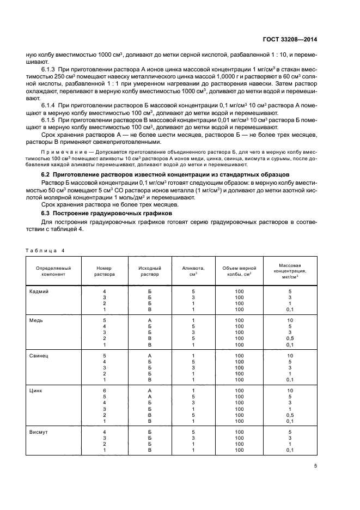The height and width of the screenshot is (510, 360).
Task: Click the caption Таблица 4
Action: (45, 250)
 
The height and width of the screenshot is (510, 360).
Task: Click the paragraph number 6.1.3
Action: (49, 71)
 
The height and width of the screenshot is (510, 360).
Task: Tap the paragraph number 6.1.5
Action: (49, 119)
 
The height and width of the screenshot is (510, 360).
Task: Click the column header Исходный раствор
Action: (149, 271)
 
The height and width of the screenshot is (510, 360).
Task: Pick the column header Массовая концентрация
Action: (290, 270)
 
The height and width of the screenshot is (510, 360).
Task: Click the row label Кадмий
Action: (39, 292)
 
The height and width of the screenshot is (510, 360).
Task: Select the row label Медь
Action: (36, 320)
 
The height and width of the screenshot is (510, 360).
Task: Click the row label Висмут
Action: (38, 433)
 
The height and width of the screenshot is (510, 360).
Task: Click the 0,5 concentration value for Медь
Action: (290, 338)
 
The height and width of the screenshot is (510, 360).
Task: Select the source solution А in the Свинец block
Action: (149, 355)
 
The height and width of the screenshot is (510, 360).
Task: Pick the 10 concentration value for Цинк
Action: (290, 391)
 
